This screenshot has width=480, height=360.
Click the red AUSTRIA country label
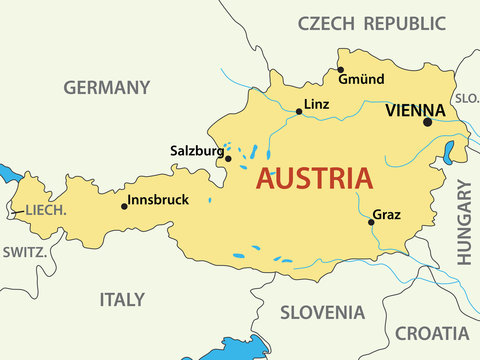click(x=315, y=179)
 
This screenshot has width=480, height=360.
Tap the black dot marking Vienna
click(x=428, y=122)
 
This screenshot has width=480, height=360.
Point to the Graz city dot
click(x=371, y=222)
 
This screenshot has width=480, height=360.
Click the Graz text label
click(x=387, y=215)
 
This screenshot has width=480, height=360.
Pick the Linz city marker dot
click(x=299, y=112)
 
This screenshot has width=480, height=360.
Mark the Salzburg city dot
click(x=228, y=158)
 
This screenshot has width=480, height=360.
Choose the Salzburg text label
click(x=199, y=152)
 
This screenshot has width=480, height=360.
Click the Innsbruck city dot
click(x=124, y=206)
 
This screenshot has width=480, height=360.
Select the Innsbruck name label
click(x=159, y=200)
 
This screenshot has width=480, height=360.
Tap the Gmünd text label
click(x=361, y=79)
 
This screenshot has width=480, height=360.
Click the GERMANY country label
click(x=107, y=87)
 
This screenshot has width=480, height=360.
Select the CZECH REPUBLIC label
click(x=372, y=23)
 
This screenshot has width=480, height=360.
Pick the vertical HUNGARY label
click(x=465, y=222)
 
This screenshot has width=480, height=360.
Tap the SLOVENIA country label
click(x=322, y=312)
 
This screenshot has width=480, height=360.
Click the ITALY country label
click(x=122, y=299)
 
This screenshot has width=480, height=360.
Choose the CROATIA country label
click(x=432, y=334)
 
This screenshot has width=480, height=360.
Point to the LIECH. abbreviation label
click(x=47, y=210)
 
